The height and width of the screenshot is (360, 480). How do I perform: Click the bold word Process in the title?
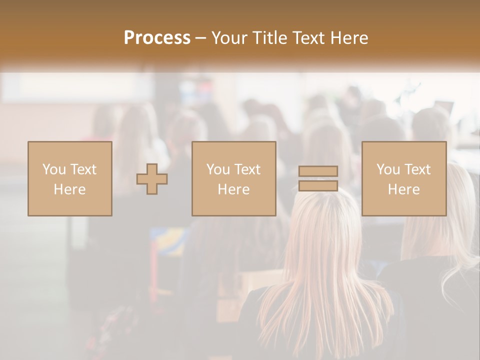click(157, 38)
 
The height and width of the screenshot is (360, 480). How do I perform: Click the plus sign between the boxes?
click(152, 179)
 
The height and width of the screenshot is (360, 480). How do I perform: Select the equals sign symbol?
click(318, 178)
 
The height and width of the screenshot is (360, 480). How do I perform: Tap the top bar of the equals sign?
click(318, 171)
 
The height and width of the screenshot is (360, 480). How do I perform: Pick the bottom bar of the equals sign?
click(318, 186)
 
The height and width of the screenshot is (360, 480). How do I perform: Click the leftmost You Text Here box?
click(70, 178)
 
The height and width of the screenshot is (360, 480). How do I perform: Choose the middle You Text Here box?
click(234, 178)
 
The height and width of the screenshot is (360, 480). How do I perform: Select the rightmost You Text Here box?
click(404, 178)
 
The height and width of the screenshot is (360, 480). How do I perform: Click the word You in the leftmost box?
click(53, 169)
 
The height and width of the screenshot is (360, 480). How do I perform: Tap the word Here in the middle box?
click(234, 189)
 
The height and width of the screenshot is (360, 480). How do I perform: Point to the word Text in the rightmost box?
click(417, 169)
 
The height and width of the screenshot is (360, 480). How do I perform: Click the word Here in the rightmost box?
click(404, 189)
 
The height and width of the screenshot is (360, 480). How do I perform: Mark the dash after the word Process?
click(201, 38)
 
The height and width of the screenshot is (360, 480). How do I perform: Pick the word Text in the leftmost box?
click(83, 169)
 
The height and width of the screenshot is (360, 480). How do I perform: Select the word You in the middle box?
click(217, 169)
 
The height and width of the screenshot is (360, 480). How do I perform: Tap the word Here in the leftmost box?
click(70, 189)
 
